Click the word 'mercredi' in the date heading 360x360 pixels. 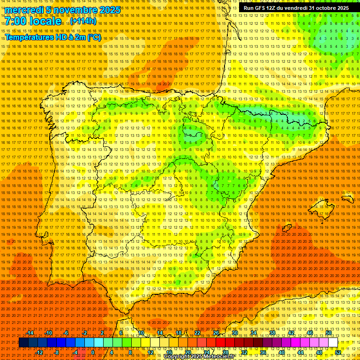[24, 10]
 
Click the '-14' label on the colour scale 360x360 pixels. [30, 333]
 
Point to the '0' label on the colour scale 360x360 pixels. [93, 352]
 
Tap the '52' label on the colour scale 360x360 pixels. [338, 352]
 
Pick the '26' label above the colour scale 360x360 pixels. [216, 333]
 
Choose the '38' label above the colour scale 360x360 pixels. [272, 333]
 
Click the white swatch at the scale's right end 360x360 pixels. [333, 343]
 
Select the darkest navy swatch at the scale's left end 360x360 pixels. [23, 343]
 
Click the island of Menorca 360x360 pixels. [347, 199]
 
